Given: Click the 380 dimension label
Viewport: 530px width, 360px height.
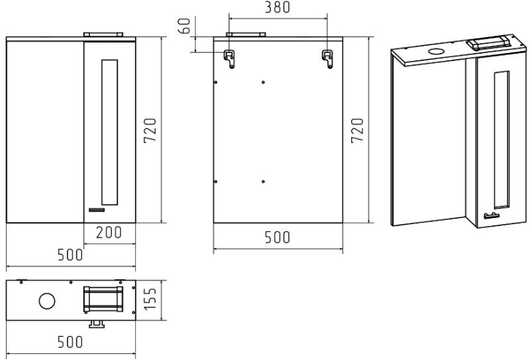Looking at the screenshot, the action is click(277, 7).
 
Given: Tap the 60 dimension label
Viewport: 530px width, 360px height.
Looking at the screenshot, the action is click(184, 26).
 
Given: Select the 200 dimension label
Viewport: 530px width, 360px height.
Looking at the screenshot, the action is click(109, 233).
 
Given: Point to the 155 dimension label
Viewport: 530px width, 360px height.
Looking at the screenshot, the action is click(150, 298).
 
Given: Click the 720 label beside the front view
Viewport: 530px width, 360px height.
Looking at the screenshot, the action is click(150, 130).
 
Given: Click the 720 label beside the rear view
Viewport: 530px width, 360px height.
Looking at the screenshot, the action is click(357, 130).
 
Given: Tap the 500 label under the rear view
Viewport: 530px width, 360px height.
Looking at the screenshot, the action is click(277, 237).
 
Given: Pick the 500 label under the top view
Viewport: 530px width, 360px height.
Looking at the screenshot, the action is click(70, 342).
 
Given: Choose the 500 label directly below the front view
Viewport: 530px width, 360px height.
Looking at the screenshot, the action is click(70, 255).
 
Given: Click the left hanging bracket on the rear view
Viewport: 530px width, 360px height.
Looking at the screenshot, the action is click(229, 59).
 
